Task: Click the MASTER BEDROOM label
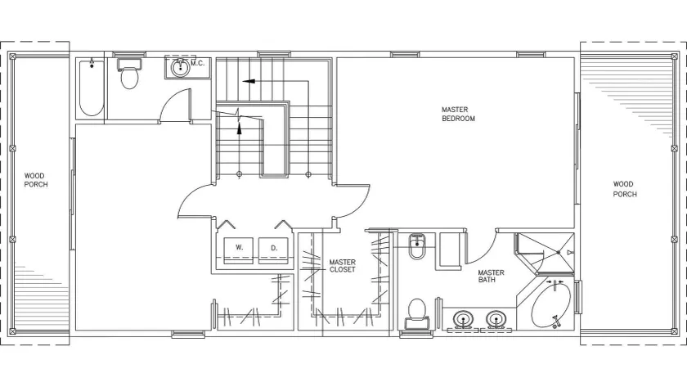pyautogui.click(x=458, y=114)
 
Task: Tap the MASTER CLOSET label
pyautogui.click(x=342, y=266)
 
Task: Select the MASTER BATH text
pyautogui.click(x=491, y=276)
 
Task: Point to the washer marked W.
pyautogui.click(x=239, y=250)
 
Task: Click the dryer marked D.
pyautogui.click(x=273, y=250)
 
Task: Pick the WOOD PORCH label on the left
pyautogui.click(x=36, y=180)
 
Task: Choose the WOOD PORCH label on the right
pyautogui.click(x=624, y=189)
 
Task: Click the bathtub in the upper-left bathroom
pyautogui.click(x=92, y=88)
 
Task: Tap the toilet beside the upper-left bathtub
pyautogui.click(x=129, y=74)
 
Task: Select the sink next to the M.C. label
pyautogui.click(x=180, y=68)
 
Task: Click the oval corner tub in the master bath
pyautogui.click(x=551, y=305)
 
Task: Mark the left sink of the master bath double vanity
pyautogui.click(x=463, y=319)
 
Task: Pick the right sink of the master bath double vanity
pyautogui.click(x=496, y=319)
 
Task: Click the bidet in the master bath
pyautogui.click(x=416, y=246)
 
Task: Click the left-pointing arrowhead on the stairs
pyautogui.click(x=249, y=81)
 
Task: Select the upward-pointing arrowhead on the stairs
pyautogui.click(x=239, y=128)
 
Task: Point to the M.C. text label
pyautogui.click(x=198, y=63)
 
